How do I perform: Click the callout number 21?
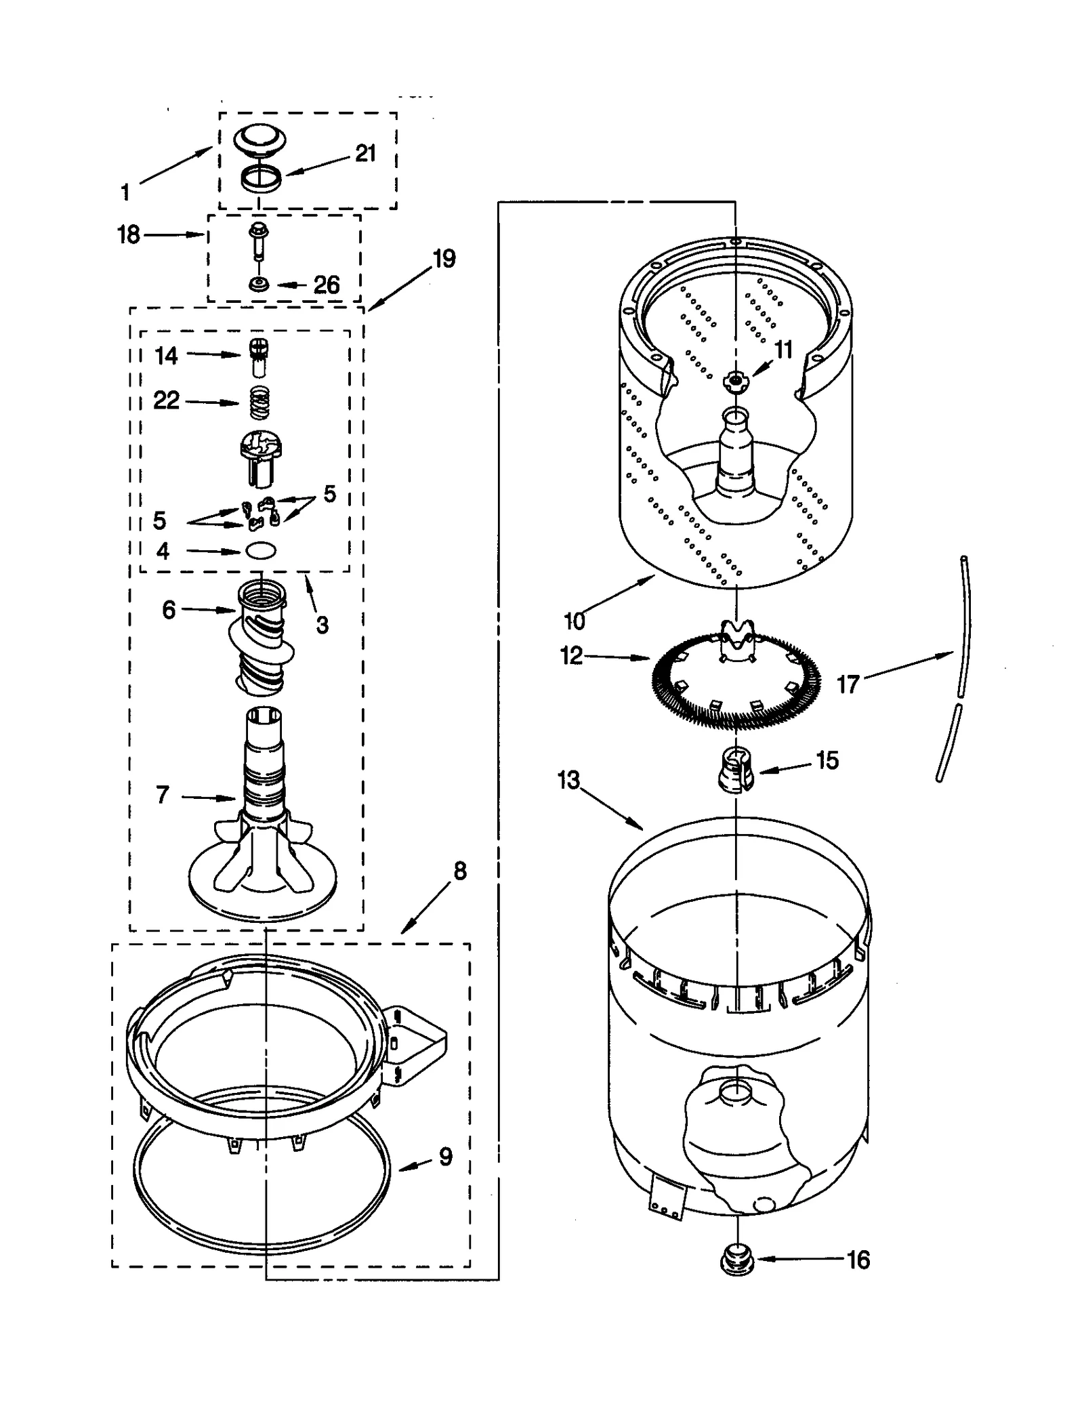tap(365, 154)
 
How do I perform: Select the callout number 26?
tap(326, 285)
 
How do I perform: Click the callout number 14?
tap(166, 355)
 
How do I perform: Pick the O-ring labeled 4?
tap(261, 551)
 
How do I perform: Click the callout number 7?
tap(163, 795)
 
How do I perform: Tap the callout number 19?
tap(444, 259)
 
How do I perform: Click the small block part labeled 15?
tap(734, 770)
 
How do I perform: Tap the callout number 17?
tap(847, 684)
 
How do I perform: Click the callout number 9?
tap(445, 1157)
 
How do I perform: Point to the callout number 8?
tap(459, 871)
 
